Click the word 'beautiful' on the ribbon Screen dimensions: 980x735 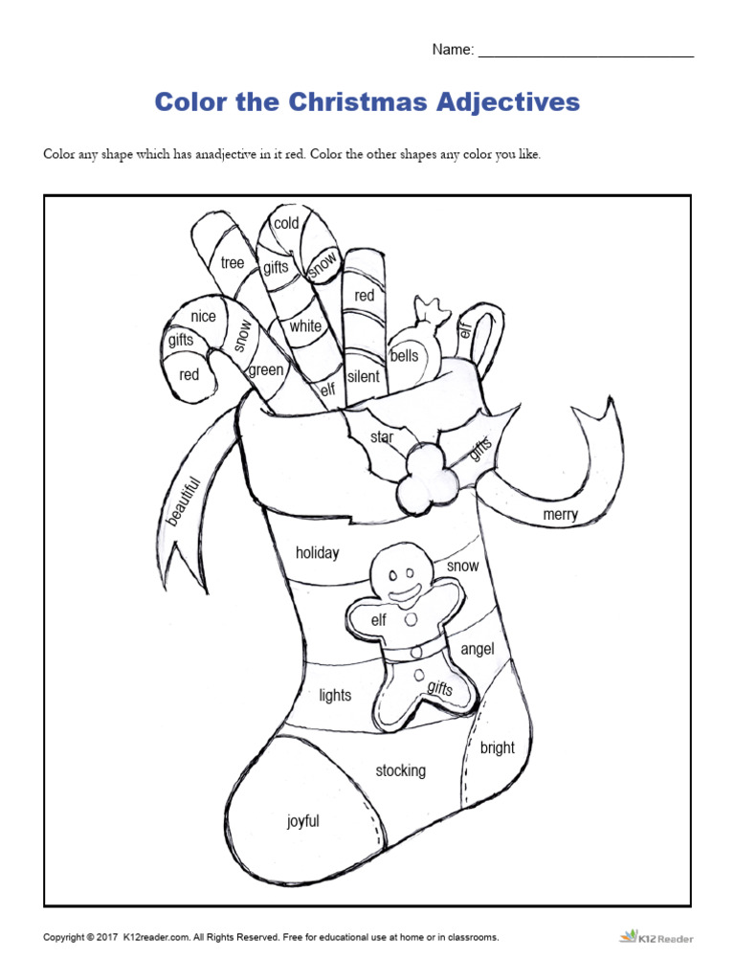tap(182, 501)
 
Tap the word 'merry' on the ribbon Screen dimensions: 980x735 tap(561, 515)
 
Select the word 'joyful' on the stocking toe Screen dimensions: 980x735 tap(303, 821)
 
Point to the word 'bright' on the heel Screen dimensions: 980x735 tap(498, 748)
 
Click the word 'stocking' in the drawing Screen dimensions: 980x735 tap(400, 770)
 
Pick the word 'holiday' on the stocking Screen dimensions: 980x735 tap(317, 553)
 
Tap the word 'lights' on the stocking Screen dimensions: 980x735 tap(335, 696)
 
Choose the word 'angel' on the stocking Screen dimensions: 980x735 tap(478, 650)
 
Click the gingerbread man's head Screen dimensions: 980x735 tap(403, 572)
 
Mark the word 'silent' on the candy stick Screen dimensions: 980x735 tap(364, 376)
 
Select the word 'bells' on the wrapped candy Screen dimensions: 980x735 tap(405, 356)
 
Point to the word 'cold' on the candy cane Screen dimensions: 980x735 tap(286, 224)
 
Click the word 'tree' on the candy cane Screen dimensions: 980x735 tap(233, 263)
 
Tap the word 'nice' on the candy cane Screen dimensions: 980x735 tap(203, 317)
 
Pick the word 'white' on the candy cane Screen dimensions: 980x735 tap(305, 326)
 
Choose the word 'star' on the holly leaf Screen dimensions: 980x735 tap(382, 437)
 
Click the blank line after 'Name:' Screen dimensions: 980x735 tap(585, 51)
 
